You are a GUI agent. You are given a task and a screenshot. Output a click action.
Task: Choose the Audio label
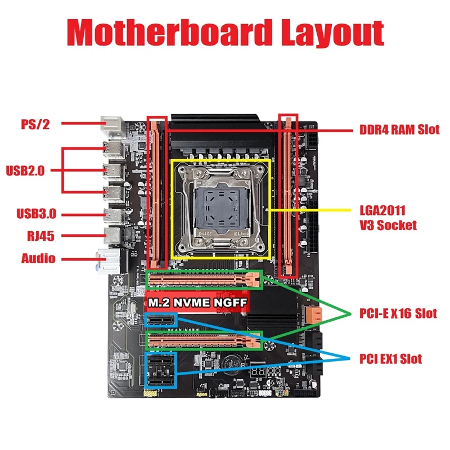(x=38, y=259)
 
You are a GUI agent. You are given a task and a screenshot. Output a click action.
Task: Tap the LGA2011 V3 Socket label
(x=388, y=218)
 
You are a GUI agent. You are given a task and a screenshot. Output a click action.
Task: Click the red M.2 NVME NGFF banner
(x=197, y=303)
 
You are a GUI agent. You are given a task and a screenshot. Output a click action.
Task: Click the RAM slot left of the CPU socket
(x=156, y=191)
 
